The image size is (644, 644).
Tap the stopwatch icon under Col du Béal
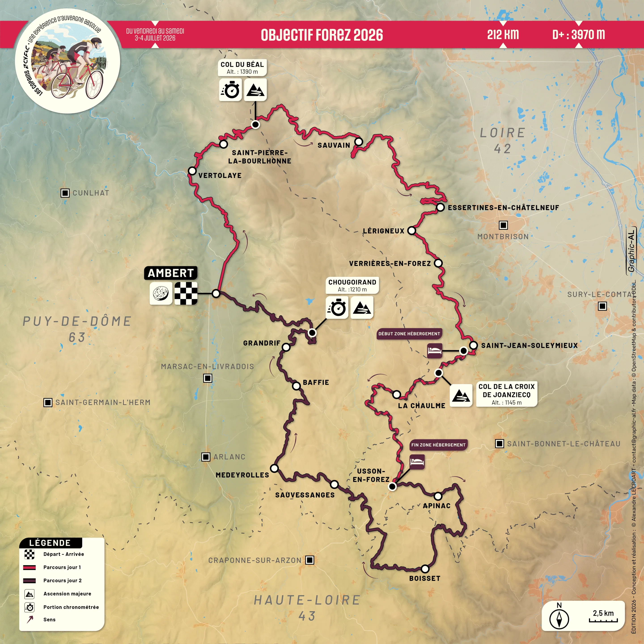pos(230,90)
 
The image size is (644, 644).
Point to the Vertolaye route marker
pos(192,171)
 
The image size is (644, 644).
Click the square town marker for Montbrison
pos(503,225)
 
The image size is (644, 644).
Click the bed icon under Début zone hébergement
pos(435,351)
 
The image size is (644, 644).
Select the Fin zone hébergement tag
pos(438,445)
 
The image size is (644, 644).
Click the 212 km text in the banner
pos(503,34)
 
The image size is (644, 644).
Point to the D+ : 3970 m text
pos(578,34)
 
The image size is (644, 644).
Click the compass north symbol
pos(559,619)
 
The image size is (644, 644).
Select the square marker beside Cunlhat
pos(65,193)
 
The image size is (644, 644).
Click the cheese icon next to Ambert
pos(161,293)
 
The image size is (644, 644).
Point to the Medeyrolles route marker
pos(274,468)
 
